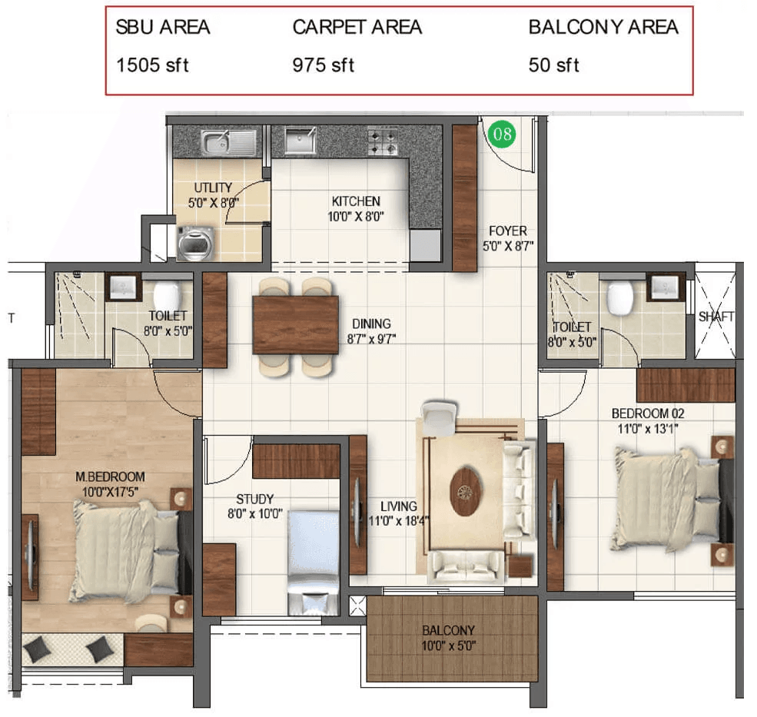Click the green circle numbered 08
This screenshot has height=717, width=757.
(x=502, y=134)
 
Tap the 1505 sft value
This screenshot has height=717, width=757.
(x=152, y=65)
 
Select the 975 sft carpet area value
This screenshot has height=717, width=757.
(x=323, y=65)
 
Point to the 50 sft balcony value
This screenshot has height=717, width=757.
(x=553, y=65)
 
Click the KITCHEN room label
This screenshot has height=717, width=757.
(x=356, y=201)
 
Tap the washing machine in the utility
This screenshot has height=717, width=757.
(x=195, y=244)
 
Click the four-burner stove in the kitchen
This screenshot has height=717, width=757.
(x=383, y=142)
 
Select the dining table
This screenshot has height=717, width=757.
(x=295, y=325)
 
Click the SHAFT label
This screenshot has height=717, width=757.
(x=716, y=317)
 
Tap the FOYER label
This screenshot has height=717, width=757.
(x=508, y=231)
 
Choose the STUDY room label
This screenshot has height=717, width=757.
(x=254, y=499)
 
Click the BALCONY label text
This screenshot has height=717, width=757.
(x=448, y=630)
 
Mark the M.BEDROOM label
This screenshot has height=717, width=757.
(x=110, y=476)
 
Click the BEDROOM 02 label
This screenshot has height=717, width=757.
(x=648, y=413)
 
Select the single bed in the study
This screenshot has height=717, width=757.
(x=314, y=563)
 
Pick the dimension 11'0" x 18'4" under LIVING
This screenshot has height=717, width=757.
(x=399, y=522)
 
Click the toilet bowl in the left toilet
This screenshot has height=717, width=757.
(x=167, y=298)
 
